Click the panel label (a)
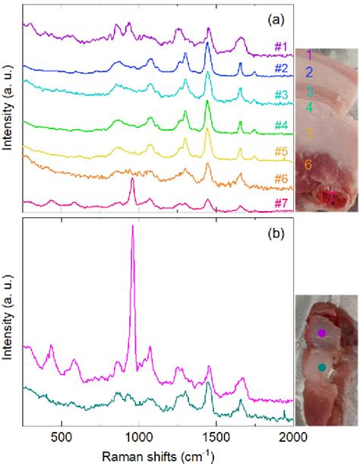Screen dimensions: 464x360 click(273, 16)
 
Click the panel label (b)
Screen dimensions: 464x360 click(273, 234)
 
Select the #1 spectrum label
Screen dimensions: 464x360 click(280, 48)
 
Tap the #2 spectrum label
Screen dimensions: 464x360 click(280, 69)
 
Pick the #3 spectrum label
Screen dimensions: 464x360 click(280, 95)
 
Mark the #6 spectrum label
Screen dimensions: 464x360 click(280, 179)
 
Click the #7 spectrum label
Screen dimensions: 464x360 click(280, 204)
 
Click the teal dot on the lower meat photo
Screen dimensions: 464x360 click(322, 368)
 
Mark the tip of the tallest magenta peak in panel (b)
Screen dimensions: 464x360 click(133, 226)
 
